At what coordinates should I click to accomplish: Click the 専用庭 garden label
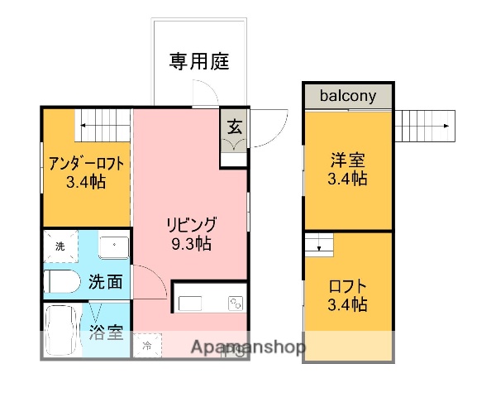coord(199,61)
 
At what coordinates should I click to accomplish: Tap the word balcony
coord(348,96)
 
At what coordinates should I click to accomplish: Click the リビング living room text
coord(191,224)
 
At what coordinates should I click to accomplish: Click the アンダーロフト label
coord(86,163)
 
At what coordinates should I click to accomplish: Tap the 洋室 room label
coord(347,160)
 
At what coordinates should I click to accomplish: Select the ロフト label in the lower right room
coord(347,286)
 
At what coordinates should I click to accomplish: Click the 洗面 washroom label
coord(107,282)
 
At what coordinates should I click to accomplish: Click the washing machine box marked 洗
coord(60,246)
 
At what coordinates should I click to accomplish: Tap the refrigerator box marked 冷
coord(147,345)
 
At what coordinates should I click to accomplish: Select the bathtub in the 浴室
coord(61,330)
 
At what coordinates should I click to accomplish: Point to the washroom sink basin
coord(112,246)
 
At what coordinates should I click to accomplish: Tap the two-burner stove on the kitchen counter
coord(235,302)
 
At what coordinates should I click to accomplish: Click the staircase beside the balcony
coord(424,127)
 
